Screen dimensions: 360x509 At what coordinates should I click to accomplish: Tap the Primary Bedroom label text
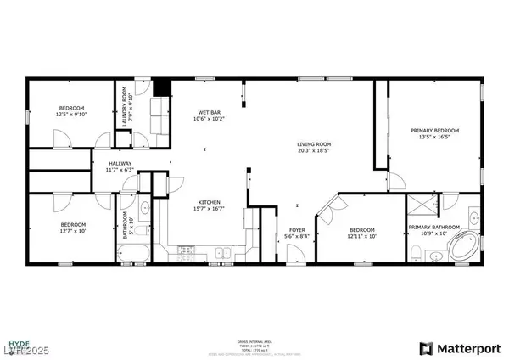[434, 131]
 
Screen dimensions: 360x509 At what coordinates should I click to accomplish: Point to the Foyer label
[298, 229]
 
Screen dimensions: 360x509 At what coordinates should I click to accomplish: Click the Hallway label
[120, 166]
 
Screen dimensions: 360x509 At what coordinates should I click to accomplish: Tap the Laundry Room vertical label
[124, 107]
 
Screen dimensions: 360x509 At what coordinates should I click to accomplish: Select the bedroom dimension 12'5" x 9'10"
[71, 114]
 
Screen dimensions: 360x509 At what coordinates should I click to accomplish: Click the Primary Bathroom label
[433, 228]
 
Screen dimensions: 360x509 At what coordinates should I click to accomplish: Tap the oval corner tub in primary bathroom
[461, 249]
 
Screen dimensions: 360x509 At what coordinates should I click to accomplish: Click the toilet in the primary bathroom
[419, 252]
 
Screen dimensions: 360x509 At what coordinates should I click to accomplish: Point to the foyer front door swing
[298, 253]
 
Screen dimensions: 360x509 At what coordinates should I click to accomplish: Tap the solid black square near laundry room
[161, 87]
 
